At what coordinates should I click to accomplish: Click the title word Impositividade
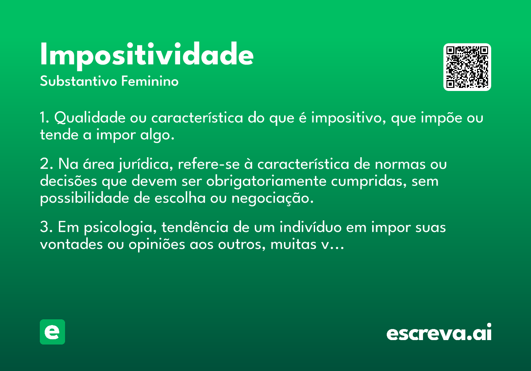click(147, 56)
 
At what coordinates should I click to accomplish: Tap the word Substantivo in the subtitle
click(78, 81)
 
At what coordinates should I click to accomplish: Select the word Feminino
click(150, 81)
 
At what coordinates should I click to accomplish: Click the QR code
click(467, 67)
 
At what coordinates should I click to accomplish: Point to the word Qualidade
click(90, 117)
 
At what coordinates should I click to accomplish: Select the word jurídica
click(146, 164)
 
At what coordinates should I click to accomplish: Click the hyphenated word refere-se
click(209, 164)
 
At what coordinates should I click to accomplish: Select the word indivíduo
click(311, 227)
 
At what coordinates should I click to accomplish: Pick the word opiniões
click(157, 245)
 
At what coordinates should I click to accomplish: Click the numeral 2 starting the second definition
click(45, 163)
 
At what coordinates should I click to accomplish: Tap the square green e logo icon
click(52, 332)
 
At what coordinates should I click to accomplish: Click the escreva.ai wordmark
click(439, 332)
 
